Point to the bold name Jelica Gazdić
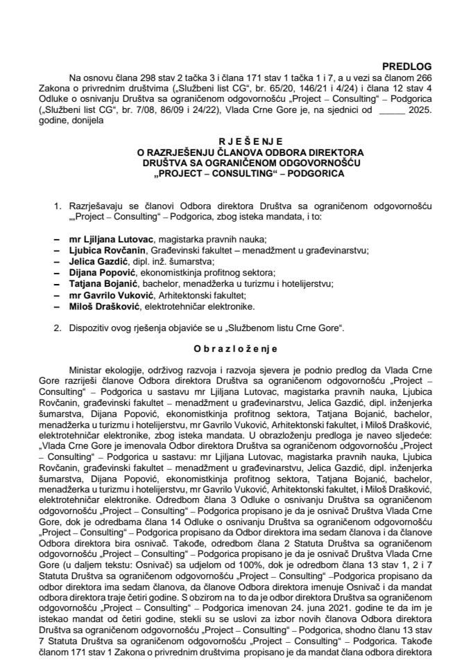point(88,261)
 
